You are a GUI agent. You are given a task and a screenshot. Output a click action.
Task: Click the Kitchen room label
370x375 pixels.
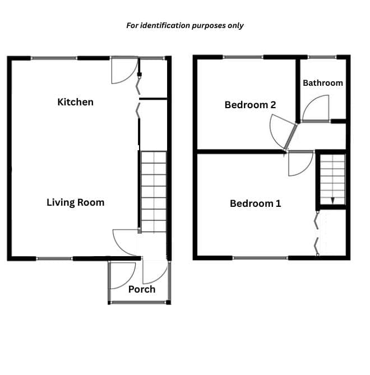[x=75, y=102]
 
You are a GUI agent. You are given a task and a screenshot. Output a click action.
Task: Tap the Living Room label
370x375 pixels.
[x=75, y=202]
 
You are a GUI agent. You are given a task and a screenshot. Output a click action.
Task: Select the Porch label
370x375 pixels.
[x=142, y=289]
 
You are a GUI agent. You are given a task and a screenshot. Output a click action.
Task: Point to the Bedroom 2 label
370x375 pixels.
[x=250, y=105]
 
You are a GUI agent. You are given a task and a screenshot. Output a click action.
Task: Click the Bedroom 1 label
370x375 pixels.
[x=255, y=203]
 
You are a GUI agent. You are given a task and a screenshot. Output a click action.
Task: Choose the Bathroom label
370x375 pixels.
[x=323, y=83]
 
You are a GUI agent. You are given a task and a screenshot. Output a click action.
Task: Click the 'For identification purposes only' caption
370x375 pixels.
[x=184, y=26]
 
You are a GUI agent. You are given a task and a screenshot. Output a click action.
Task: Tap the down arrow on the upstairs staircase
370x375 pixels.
[x=332, y=201]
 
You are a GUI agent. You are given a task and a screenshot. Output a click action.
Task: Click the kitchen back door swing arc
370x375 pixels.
[x=131, y=77]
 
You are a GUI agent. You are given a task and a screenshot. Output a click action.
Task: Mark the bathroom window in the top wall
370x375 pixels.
[x=322, y=57]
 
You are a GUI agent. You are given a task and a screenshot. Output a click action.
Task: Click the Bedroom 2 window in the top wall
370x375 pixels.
[x=243, y=57]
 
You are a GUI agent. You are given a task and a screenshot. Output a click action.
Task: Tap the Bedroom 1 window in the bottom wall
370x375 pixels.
[x=260, y=258]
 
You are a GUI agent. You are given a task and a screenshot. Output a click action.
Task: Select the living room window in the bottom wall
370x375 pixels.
[x=54, y=258]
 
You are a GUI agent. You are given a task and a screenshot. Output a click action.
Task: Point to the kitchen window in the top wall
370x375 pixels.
[x=54, y=58]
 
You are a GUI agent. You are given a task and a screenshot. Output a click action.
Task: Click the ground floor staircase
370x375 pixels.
[x=154, y=192]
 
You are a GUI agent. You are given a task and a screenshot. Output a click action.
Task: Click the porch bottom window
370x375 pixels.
[x=138, y=303]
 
